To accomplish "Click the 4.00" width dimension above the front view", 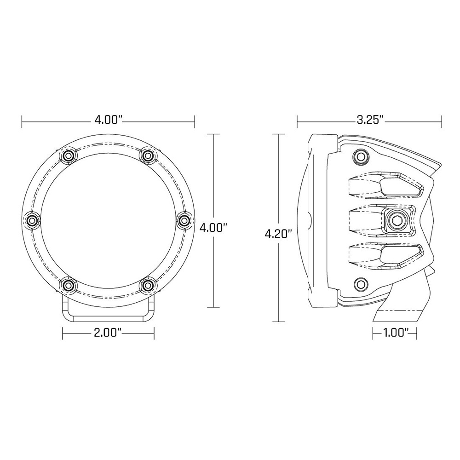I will [108, 121].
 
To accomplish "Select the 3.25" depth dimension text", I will [369, 121].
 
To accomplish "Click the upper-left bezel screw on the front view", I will [69, 155].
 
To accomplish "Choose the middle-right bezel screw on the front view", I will [184, 220].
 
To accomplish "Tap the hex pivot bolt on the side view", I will [396, 220].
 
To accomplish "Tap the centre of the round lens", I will [108, 220].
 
